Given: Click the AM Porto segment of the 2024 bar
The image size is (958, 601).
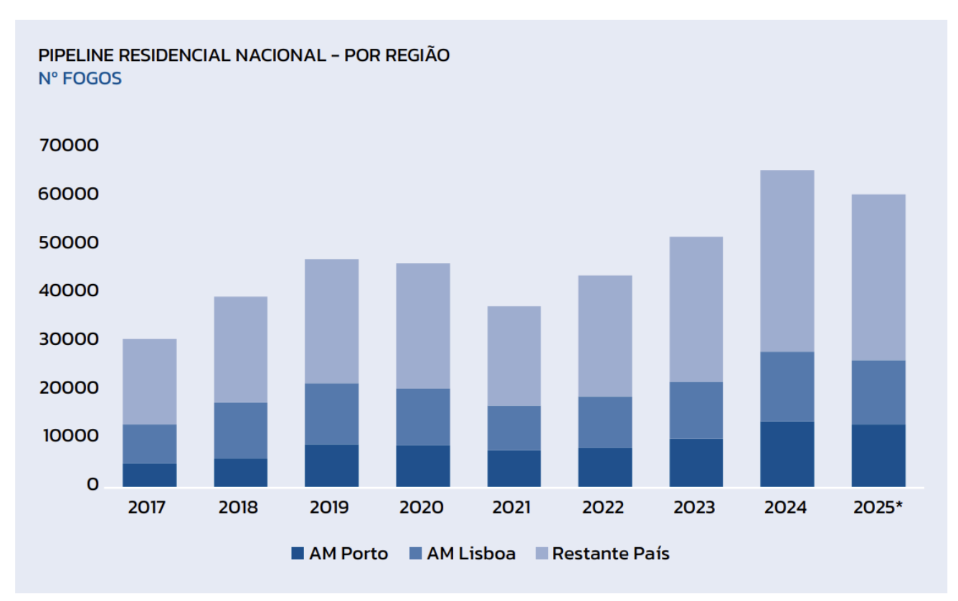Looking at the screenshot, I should coord(787,453).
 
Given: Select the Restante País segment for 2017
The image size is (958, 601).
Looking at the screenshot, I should coord(149,382).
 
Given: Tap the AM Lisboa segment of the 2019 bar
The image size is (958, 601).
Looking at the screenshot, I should coord(331,414).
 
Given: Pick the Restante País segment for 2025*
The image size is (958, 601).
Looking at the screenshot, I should coord(878,278).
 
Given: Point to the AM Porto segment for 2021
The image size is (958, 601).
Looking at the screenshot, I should coord(513,468).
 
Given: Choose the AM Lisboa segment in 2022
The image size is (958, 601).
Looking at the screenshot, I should coord(604,422).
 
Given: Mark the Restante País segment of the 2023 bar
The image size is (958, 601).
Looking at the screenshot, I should coord(696,309).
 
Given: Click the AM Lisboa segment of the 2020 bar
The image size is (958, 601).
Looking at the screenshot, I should coord(422,417).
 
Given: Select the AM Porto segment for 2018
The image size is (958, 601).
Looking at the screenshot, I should coord(240,473).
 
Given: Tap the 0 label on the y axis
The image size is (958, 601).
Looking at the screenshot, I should coord(93,485).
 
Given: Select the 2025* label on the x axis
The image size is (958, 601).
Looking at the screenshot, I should coord(878,508).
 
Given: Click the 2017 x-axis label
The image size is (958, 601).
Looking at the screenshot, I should coord(147,508).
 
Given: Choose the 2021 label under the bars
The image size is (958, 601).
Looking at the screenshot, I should coord(511,508).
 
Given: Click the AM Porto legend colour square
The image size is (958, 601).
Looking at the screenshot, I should coord(298,554).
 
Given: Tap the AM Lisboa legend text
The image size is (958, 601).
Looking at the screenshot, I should coord(471,554).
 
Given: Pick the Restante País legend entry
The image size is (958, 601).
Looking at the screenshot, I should coord(602,554).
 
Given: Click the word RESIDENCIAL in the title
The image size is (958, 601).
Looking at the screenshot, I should coord(173,55).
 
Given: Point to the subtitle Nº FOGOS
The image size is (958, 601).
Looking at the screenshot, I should coord(80,79).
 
